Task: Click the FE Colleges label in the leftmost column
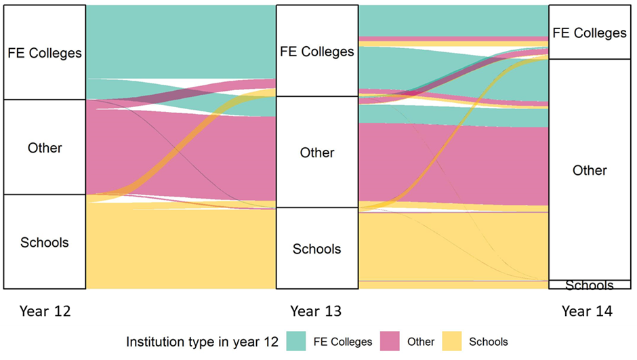(x=45, y=53)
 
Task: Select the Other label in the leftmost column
(x=45, y=148)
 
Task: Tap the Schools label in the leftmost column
(x=45, y=242)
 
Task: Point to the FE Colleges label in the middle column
(x=317, y=52)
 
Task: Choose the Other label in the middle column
(x=317, y=153)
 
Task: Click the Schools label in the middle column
(x=317, y=249)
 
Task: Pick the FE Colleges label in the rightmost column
(x=590, y=33)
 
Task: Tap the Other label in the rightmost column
(x=590, y=170)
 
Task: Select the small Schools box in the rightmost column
(x=590, y=285)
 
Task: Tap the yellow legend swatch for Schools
(x=453, y=342)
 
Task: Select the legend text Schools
(x=488, y=342)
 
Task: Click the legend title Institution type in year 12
(x=202, y=342)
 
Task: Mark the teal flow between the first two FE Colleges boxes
(x=181, y=41)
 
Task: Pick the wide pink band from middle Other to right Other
(x=453, y=163)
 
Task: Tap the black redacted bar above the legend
(x=318, y=312)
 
